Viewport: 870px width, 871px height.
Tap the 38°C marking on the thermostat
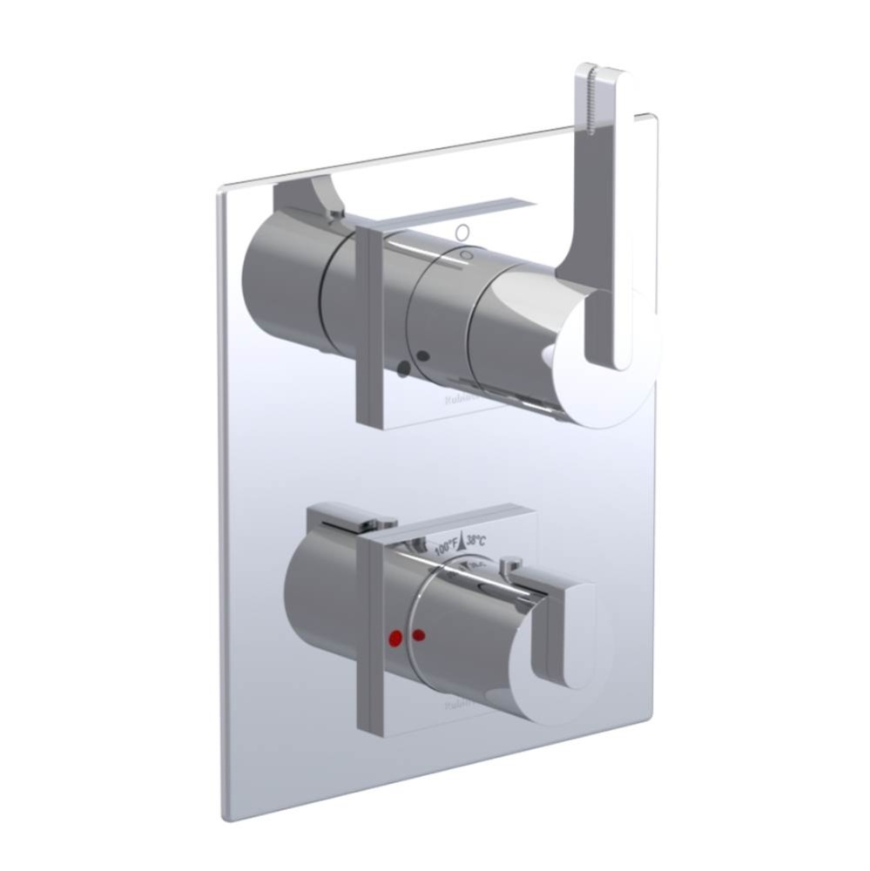click(x=475, y=541)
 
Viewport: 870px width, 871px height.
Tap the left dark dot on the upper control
click(x=404, y=369)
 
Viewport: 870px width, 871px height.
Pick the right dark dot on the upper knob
click(x=423, y=356)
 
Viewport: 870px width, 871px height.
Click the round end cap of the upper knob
click(x=610, y=357)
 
